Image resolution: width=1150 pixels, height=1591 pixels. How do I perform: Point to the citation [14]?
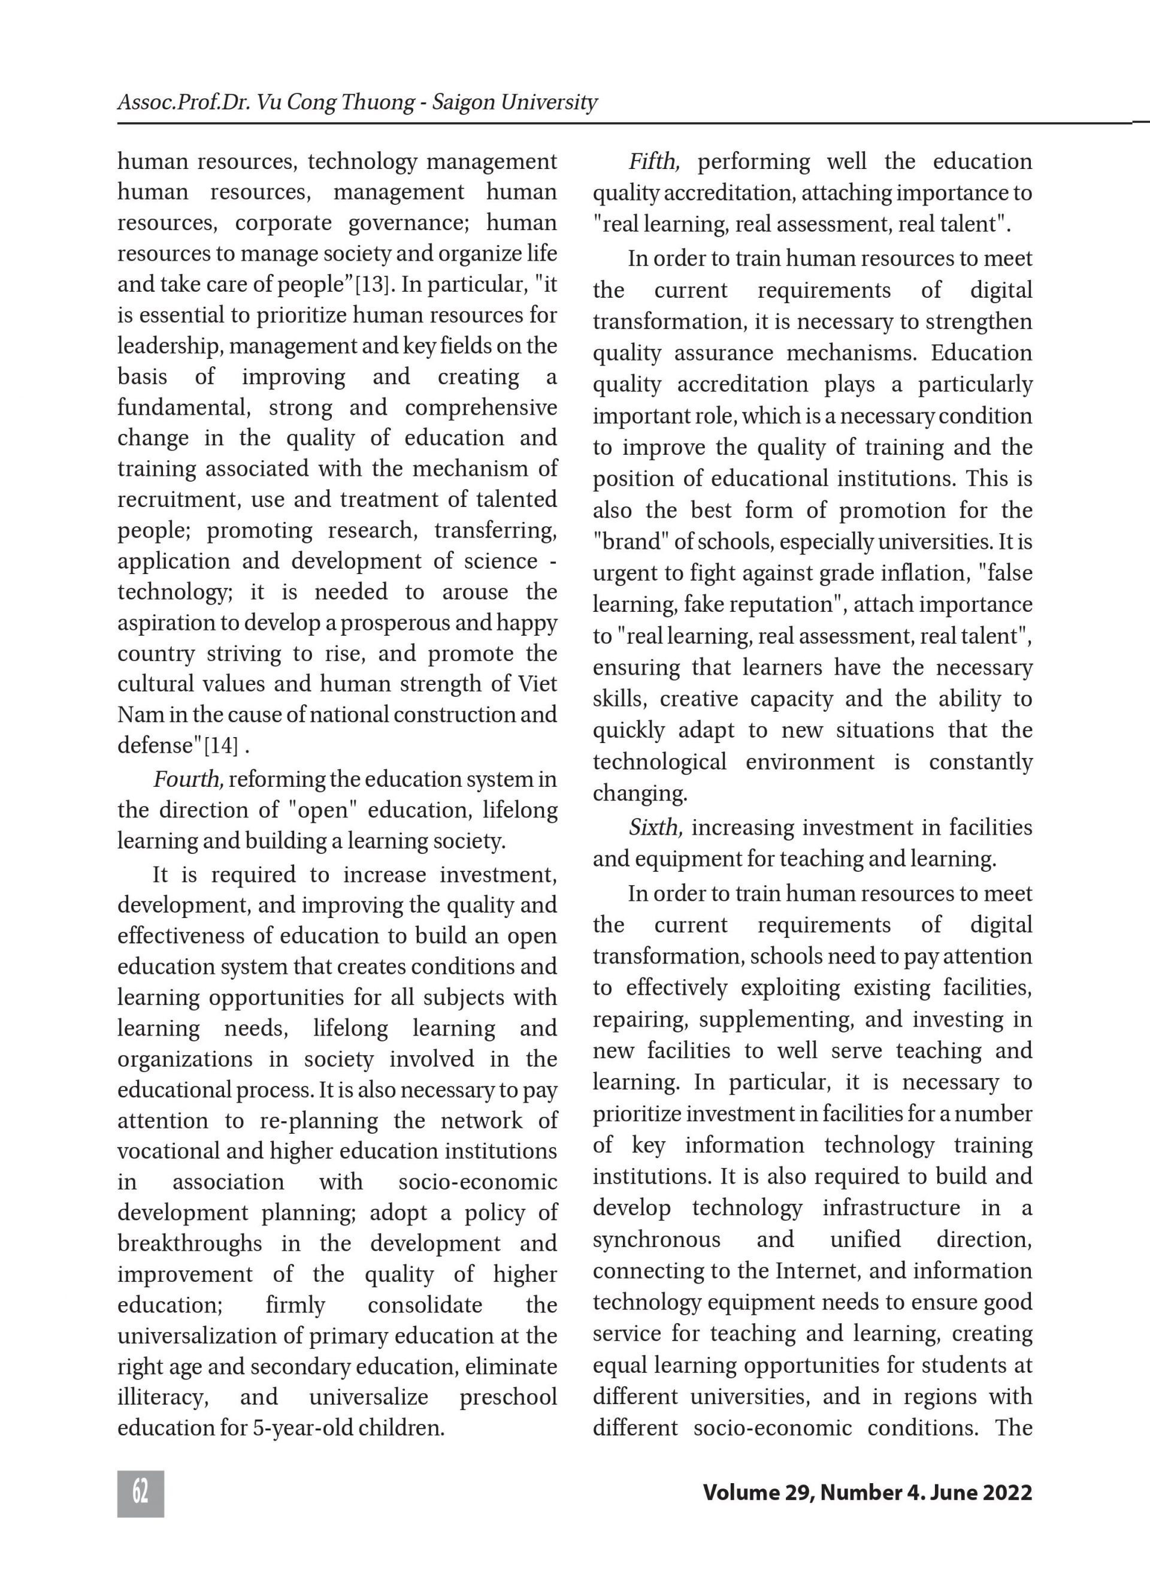click(x=221, y=745)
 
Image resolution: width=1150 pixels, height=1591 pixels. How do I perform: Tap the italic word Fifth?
click(x=653, y=162)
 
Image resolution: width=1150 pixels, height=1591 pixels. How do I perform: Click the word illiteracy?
click(x=163, y=1397)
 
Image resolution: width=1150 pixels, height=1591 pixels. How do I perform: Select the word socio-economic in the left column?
click(x=477, y=1182)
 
